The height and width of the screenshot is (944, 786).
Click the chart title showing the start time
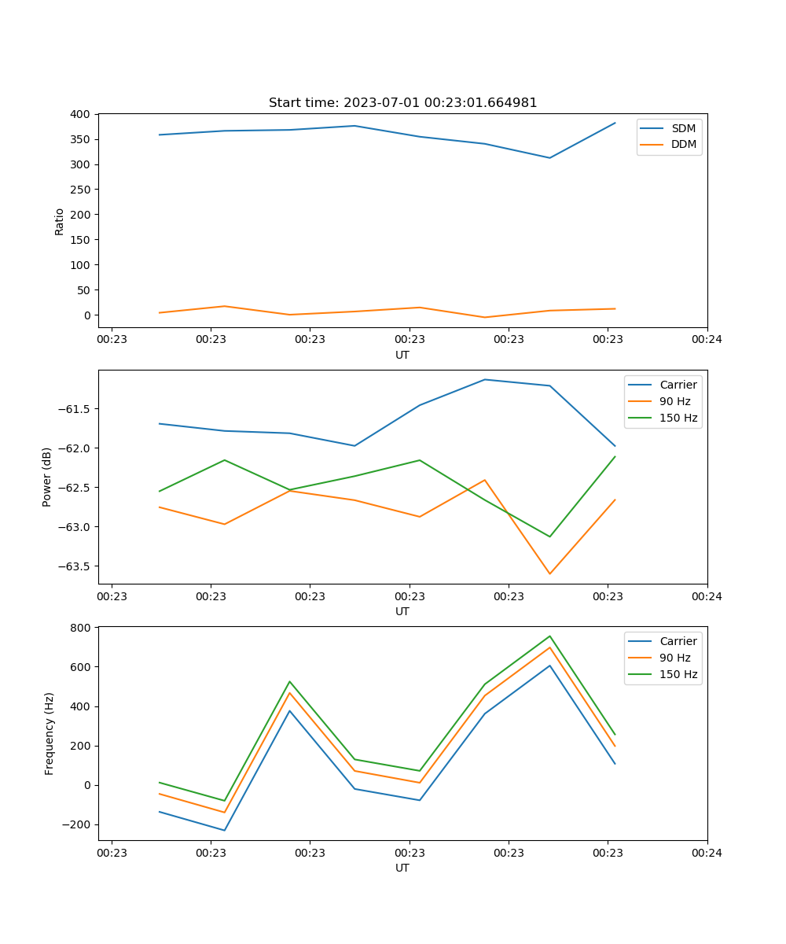click(402, 103)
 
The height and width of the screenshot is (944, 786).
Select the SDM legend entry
click(683, 128)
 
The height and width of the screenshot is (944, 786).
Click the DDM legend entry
click(683, 144)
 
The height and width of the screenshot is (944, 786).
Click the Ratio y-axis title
click(60, 221)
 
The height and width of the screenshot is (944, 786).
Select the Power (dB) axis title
click(47, 477)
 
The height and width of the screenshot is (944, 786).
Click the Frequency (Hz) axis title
click(49, 733)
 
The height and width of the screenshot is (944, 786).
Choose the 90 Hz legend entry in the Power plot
click(674, 401)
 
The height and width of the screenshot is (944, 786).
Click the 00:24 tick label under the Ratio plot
click(707, 340)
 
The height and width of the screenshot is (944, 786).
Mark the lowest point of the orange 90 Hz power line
click(549, 573)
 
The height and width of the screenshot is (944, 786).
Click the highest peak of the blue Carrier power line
click(485, 380)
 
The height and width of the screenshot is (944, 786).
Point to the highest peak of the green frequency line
click(549, 636)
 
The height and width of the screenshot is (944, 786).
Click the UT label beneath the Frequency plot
click(402, 868)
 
